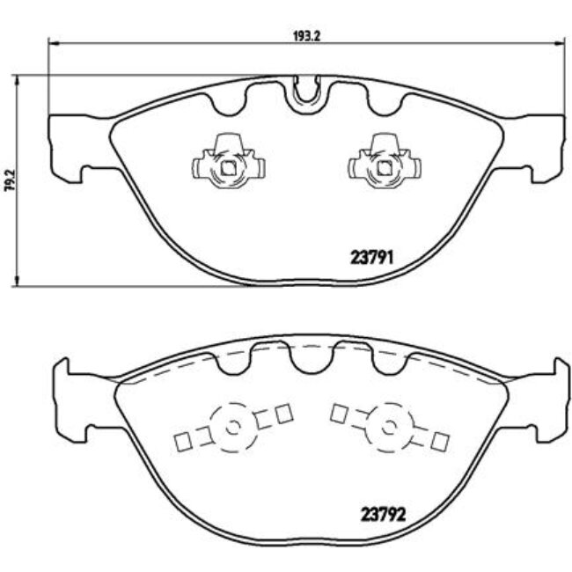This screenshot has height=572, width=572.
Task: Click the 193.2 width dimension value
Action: (304, 37)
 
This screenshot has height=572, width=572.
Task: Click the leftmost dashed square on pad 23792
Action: (183, 441)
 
